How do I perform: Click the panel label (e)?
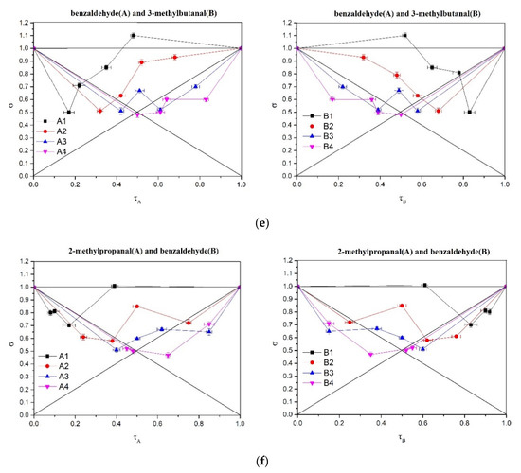pos(260,215)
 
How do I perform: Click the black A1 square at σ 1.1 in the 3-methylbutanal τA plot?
pos(133,36)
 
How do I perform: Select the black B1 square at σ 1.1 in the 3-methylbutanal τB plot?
pos(404,36)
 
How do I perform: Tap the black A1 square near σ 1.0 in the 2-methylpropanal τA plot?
pos(114,286)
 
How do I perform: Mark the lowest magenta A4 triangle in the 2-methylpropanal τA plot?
pos(168,356)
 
